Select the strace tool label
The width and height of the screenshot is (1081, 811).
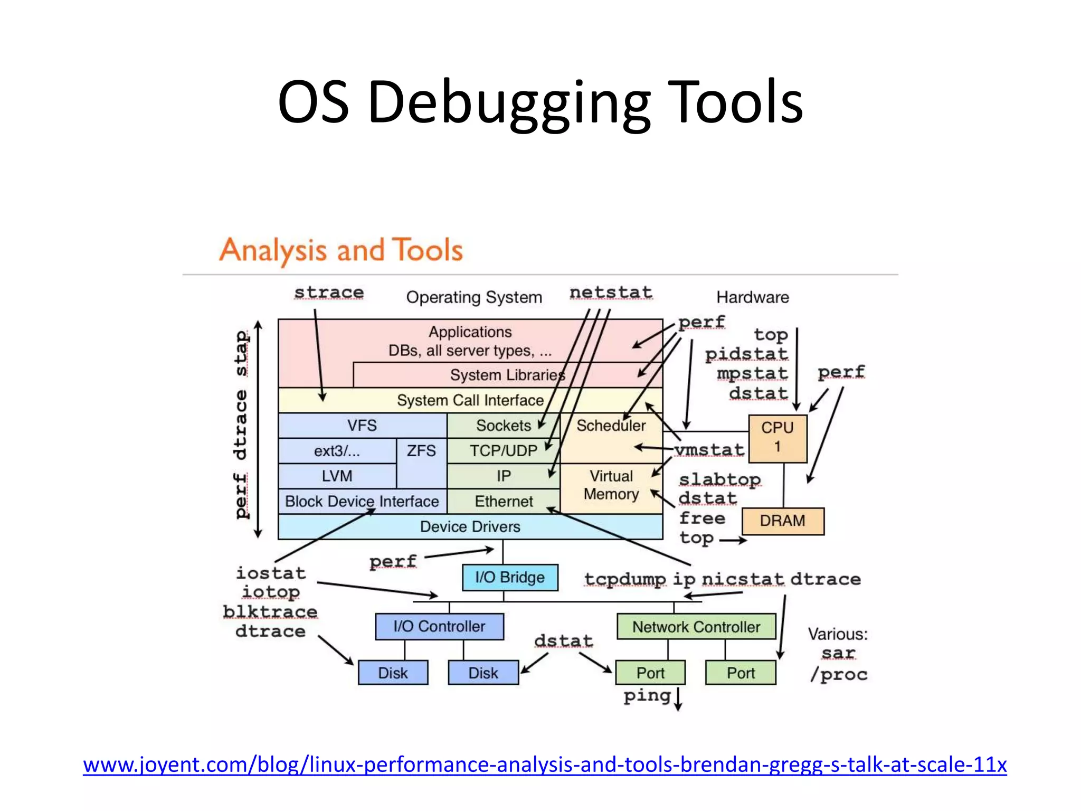tap(329, 292)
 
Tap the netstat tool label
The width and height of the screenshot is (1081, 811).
tap(611, 292)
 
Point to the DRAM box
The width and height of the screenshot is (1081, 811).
tap(782, 521)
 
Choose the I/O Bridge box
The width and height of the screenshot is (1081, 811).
tap(509, 577)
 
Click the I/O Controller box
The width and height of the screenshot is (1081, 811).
tap(439, 626)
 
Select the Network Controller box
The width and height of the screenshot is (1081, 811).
tap(696, 627)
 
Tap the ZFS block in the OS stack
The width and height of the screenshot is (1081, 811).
tap(421, 451)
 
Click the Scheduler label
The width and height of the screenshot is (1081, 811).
tap(611, 426)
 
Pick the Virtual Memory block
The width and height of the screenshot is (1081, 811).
tap(611, 485)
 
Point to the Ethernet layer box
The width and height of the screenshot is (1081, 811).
tap(504, 501)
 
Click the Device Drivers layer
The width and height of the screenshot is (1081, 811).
tap(470, 526)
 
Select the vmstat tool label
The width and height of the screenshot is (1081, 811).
tap(709, 450)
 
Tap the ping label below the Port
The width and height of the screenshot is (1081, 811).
tap(647, 695)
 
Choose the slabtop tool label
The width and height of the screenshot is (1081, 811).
tap(719, 479)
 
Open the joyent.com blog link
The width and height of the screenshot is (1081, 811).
tap(544, 765)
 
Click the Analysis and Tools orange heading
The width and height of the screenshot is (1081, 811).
tap(341, 250)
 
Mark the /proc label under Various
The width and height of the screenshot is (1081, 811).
tap(839, 674)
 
